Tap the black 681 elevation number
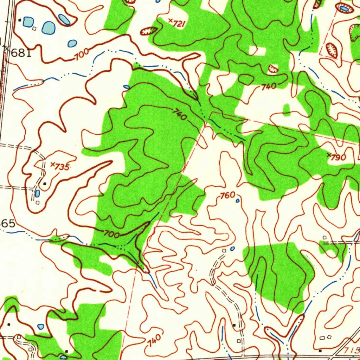pyautogui.click(x=21, y=53)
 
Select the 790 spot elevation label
pyautogui.click(x=338, y=158)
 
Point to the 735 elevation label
pyautogui.click(x=62, y=167)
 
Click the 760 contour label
pyautogui.click(x=227, y=195)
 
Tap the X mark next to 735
pyautogui.click(x=52, y=164)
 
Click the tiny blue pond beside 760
pyautogui.click(x=238, y=201)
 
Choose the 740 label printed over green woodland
pyautogui.click(x=180, y=115)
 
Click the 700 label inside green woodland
pyautogui.click(x=111, y=234)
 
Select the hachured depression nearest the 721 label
pyautogui.click(x=149, y=31)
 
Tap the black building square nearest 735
pyautogui.click(x=45, y=184)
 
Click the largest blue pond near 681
pyautogui.click(x=49, y=27)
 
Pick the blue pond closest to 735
pyautogui.click(x=37, y=194)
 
